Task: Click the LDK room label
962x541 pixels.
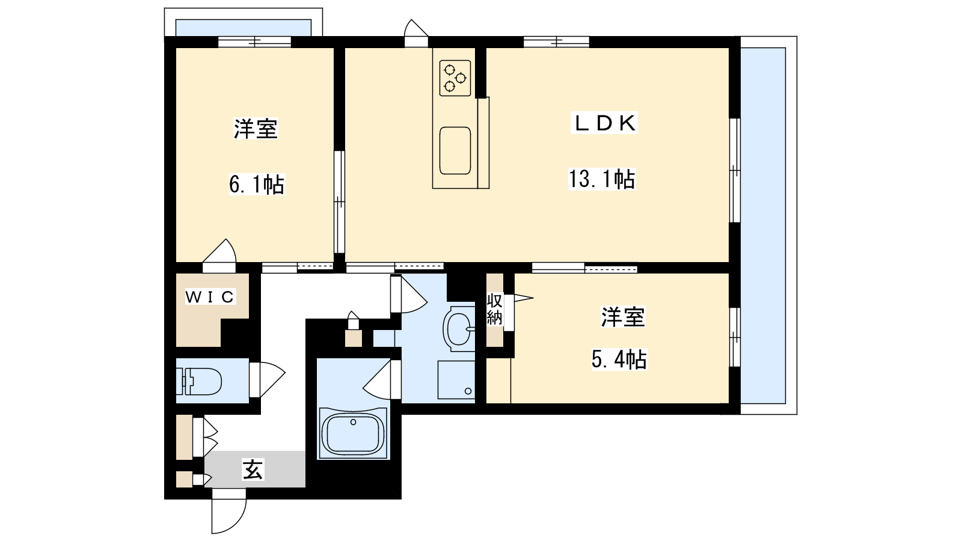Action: tap(604, 123)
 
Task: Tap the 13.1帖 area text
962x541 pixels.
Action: tap(602, 179)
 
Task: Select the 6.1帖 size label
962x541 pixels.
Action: tap(256, 185)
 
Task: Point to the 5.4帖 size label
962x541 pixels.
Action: tap(619, 359)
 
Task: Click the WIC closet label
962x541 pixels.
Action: tap(210, 297)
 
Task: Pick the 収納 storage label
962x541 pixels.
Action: tap(495, 309)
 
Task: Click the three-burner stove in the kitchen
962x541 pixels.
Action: tap(455, 78)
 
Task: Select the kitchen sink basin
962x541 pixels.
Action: tap(455, 151)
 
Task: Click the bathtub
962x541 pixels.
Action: tap(353, 433)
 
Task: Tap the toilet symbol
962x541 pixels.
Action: tap(199, 381)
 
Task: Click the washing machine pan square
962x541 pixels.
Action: tap(456, 380)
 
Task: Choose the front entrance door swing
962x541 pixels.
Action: tap(229, 515)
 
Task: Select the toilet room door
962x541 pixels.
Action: tap(267, 379)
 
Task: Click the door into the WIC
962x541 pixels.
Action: tap(219, 255)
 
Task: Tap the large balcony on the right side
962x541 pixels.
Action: tap(763, 225)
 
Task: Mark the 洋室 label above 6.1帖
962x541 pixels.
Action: tap(256, 129)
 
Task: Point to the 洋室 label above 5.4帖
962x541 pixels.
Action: tap(623, 316)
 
